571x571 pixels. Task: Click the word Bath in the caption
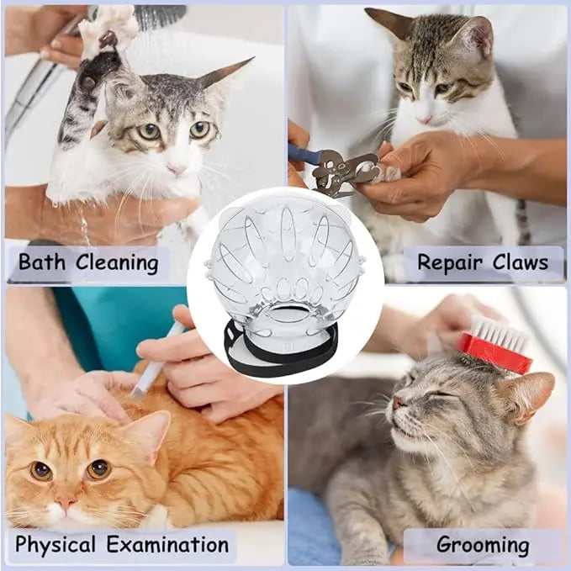(42, 262)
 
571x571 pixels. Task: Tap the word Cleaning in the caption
(117, 263)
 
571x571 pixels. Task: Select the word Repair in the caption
(450, 263)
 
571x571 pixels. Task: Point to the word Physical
(55, 545)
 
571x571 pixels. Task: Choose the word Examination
(168, 544)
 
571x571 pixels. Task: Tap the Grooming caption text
(483, 545)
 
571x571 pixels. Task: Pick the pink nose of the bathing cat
(177, 168)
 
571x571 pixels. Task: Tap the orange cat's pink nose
(66, 502)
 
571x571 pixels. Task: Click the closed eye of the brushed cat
(438, 394)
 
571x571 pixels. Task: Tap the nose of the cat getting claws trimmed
(424, 119)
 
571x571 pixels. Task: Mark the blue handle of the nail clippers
(303, 153)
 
